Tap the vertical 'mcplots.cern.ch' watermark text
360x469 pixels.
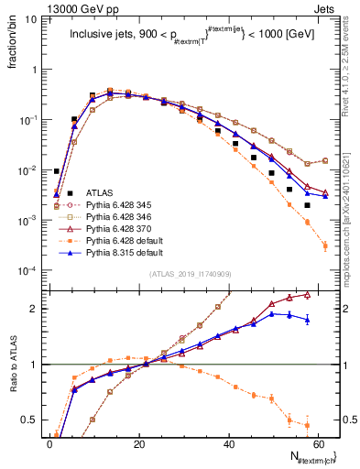pyautogui.click(x=352, y=211)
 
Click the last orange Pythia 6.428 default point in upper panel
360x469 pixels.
pyautogui.click(x=325, y=245)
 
